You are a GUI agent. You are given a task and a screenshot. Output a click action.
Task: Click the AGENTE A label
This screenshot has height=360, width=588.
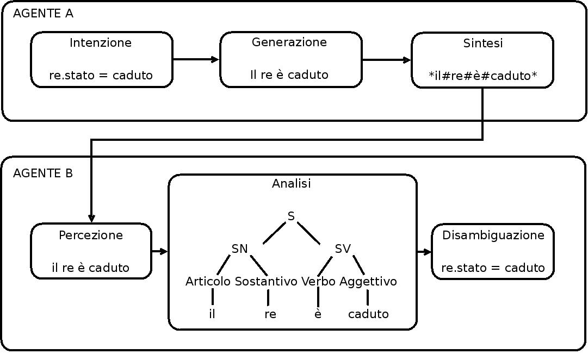point(43,14)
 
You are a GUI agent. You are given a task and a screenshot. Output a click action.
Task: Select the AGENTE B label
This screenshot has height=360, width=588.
point(43,173)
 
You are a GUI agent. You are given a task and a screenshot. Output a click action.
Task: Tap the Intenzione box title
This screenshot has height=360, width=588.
point(101,43)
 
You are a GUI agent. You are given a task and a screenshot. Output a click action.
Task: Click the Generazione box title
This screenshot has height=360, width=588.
point(289,42)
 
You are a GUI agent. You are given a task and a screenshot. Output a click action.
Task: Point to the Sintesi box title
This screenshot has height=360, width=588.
point(483,43)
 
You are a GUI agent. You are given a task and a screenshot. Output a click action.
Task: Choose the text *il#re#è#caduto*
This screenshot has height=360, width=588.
point(483,76)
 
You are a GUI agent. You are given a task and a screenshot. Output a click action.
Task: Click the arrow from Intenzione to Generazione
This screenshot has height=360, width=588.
point(196,59)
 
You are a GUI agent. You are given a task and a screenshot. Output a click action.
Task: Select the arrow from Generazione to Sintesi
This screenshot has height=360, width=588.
point(386,60)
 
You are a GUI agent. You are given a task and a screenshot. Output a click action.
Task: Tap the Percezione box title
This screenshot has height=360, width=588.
point(91,235)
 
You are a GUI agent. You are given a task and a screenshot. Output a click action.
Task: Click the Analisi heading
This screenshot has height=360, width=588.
point(292,183)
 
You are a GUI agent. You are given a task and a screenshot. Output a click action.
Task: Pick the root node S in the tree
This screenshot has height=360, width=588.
point(291,216)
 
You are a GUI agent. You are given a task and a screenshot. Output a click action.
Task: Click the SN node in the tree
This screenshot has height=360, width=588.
point(240,249)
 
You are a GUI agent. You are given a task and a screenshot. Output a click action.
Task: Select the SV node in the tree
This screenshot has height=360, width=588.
point(343,249)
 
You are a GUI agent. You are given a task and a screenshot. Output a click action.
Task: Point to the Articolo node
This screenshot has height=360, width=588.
point(208,282)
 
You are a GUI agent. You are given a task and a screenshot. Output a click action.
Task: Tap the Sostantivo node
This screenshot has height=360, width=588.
point(266,282)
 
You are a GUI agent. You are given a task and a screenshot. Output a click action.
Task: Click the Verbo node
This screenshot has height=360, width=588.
point(318,282)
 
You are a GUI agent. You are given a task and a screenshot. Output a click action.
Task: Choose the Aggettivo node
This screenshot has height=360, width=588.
point(368,282)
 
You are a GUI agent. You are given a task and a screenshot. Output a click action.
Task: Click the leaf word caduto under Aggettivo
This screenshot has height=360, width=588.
point(368,314)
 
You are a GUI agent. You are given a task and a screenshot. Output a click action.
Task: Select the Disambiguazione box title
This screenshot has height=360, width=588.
point(493,235)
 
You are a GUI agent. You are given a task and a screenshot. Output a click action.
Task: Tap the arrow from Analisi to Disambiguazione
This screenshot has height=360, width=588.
point(424,252)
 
